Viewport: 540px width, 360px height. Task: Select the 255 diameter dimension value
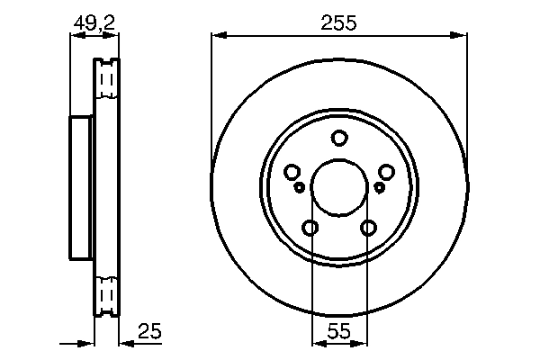338,24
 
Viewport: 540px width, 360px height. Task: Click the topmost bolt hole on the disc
339,139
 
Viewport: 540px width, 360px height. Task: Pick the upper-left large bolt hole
292,172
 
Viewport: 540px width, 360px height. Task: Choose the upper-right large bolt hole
387,172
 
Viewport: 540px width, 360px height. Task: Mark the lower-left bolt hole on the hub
310,228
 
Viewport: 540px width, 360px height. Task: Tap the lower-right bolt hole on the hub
368,228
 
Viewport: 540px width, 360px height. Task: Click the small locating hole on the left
301,187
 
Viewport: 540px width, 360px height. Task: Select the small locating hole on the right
379,187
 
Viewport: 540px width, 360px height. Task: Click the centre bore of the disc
339,188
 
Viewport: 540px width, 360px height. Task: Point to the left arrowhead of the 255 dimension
217,36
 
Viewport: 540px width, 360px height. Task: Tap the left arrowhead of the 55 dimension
315,342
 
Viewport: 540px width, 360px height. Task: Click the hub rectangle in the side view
82,187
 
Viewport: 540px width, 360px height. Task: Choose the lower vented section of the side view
106,295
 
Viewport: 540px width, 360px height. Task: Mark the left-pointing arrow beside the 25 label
125,342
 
